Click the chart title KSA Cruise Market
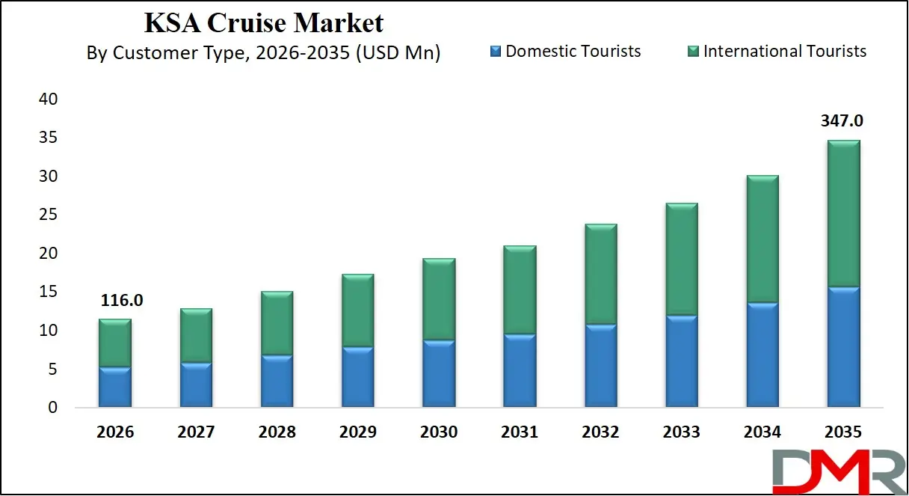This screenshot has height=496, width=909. point(263,23)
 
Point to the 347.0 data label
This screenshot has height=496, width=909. point(842,121)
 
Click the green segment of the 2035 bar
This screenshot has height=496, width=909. point(842,214)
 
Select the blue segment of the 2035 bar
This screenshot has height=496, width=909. point(842,347)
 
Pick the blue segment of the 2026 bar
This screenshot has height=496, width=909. point(115,388)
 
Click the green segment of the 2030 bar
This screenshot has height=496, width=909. point(439,299)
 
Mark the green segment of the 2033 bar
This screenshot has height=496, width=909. point(681,260)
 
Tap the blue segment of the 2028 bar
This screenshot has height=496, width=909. point(277,382)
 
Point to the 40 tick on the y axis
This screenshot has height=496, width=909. point(47,99)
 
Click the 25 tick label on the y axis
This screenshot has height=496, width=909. point(47,215)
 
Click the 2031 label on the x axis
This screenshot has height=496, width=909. point(520,432)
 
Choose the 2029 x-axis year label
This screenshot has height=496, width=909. point(357,432)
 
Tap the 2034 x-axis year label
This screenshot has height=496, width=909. point(762,432)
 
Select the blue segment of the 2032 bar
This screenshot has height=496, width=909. point(600,366)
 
